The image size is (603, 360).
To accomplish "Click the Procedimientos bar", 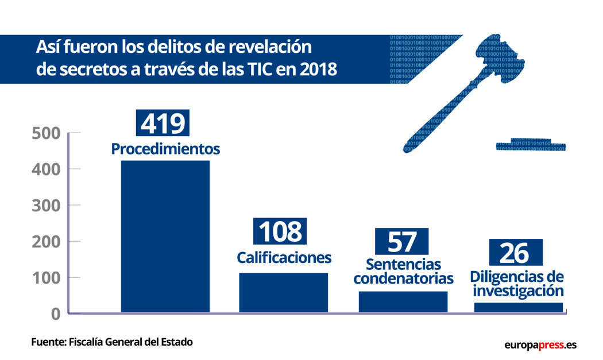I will pyautogui.click(x=165, y=236).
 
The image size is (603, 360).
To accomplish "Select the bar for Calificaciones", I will pyautogui.click(x=283, y=292).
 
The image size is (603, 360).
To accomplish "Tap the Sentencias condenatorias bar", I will pyautogui.click(x=403, y=301).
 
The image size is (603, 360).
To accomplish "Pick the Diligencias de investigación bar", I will pyautogui.click(x=518, y=307).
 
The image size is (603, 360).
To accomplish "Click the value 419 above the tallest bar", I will pyautogui.click(x=163, y=123).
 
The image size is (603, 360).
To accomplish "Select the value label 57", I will pyautogui.click(x=401, y=242).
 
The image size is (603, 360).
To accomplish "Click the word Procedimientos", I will pyautogui.click(x=165, y=149).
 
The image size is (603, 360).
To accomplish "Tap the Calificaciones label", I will pyautogui.click(x=284, y=258).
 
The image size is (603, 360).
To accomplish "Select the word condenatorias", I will pyautogui.click(x=403, y=279).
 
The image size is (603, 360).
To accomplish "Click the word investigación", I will pyautogui.click(x=517, y=291).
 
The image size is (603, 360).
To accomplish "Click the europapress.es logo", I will pyautogui.click(x=540, y=345).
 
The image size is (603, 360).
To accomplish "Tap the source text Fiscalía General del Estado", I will pyautogui.click(x=130, y=342).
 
